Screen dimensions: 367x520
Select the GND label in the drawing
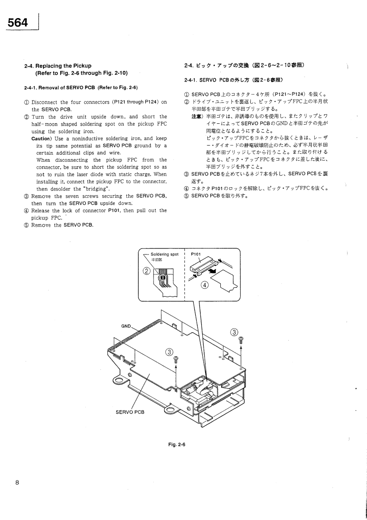(x=126, y=325)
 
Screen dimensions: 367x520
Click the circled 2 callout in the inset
(x=147, y=271)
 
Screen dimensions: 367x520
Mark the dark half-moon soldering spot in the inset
(x=162, y=279)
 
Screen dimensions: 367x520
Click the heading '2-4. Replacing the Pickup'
(x=61, y=66)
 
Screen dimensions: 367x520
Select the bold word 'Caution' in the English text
(x=41, y=139)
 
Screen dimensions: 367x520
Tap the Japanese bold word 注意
(x=198, y=116)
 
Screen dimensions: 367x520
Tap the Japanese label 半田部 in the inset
(x=158, y=260)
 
